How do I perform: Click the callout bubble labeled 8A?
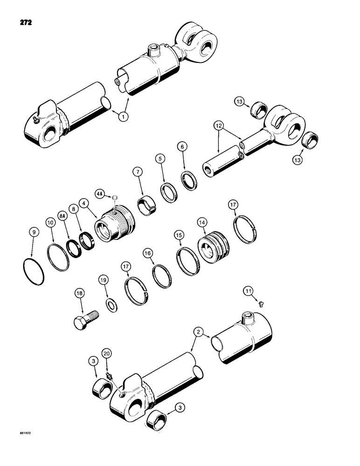62,216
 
